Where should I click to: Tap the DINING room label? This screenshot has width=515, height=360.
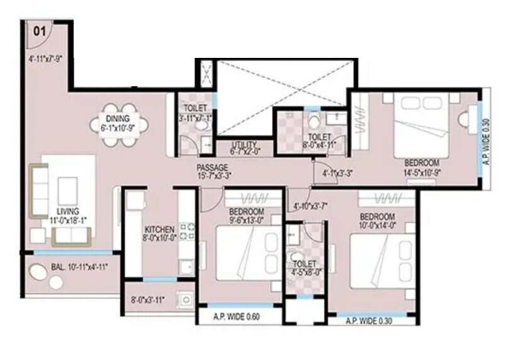(x=118, y=118)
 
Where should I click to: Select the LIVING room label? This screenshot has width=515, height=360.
(x=67, y=211)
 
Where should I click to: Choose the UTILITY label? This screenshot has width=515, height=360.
(x=244, y=143)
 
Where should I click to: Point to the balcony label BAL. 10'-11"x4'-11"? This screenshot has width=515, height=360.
(x=79, y=267)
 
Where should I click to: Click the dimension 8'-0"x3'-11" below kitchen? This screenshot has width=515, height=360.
(x=147, y=300)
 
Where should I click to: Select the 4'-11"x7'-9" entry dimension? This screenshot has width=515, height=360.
(x=45, y=60)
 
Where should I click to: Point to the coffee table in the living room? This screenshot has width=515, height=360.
(x=67, y=189)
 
